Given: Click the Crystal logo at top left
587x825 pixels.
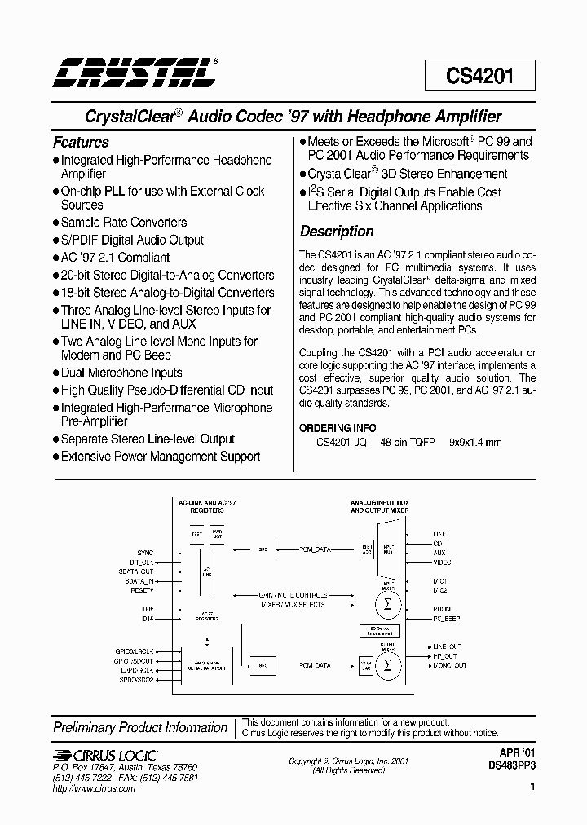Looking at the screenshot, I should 135,73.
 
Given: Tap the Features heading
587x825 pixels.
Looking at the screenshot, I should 81,142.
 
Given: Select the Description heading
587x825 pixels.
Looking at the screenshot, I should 337,231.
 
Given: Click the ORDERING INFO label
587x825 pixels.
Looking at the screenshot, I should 338,428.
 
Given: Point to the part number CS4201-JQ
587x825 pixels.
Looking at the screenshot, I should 341,443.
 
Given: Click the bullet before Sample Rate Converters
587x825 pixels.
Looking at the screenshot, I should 56,223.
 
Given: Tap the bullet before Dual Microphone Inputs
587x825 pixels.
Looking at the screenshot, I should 56,373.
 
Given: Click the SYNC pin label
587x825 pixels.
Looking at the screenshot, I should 145,553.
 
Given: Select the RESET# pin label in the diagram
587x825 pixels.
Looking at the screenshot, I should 143,589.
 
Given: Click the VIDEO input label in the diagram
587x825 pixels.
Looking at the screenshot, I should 441,562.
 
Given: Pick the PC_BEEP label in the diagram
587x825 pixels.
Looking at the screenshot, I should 446,618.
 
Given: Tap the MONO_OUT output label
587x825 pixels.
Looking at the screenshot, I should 449,665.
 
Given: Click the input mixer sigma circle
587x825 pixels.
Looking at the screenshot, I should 387,605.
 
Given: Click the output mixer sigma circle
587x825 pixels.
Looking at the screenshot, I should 387,665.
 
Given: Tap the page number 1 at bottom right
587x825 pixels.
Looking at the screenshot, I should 532,787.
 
